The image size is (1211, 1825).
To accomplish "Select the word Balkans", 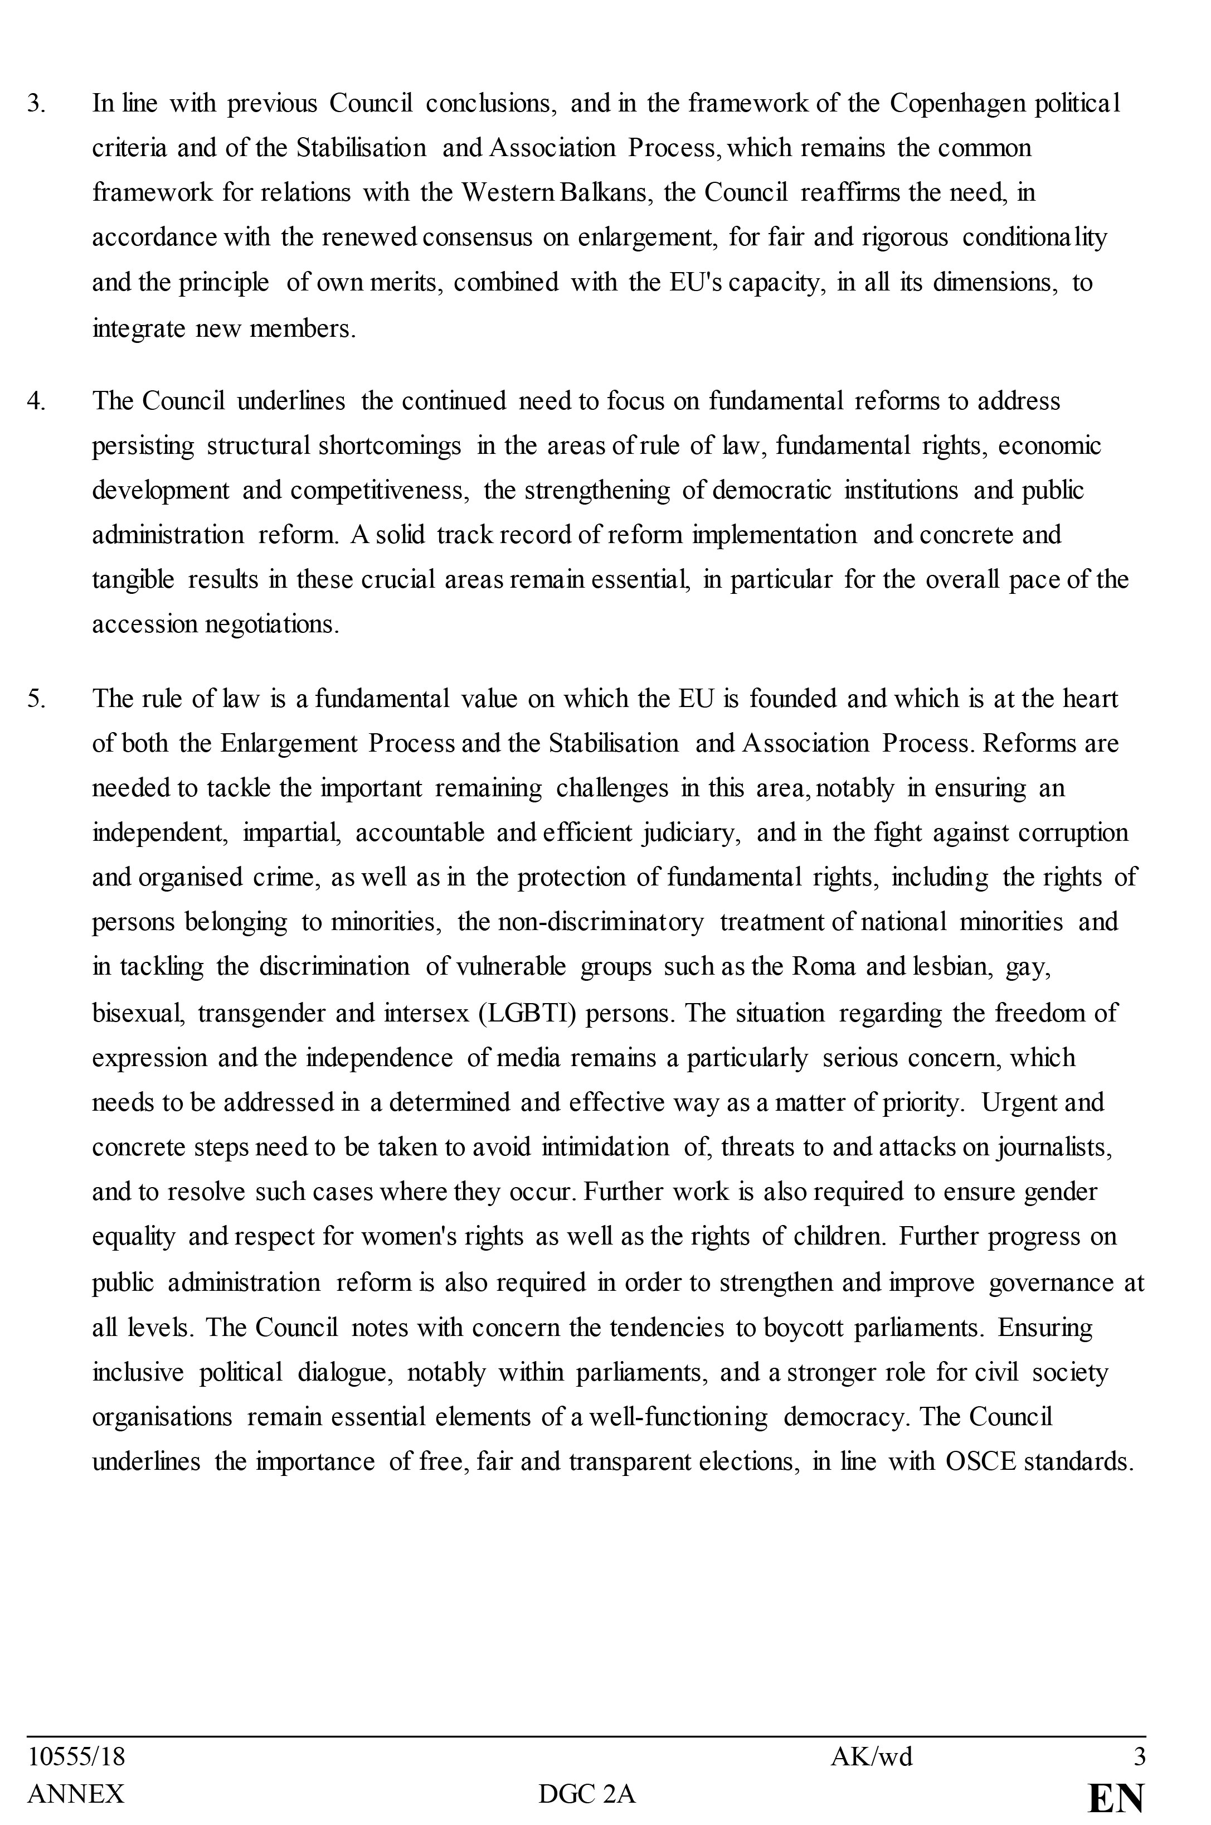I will [x=602, y=192].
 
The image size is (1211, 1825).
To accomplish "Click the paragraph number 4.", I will [x=36, y=401].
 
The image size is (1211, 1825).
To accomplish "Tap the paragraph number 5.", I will [x=36, y=699].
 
